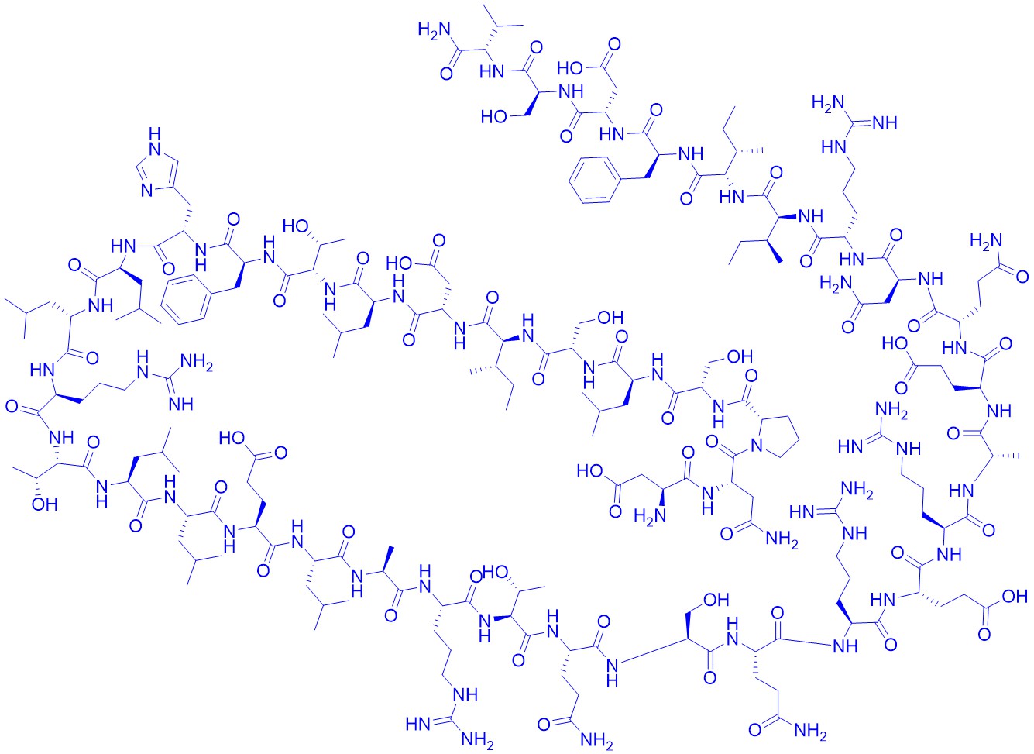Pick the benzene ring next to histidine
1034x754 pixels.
187,298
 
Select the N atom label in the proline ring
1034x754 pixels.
756,446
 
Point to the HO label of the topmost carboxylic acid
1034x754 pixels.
569,69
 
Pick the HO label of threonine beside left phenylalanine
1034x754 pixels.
294,227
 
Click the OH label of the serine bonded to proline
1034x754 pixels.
740,356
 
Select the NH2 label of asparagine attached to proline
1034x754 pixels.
783,539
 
